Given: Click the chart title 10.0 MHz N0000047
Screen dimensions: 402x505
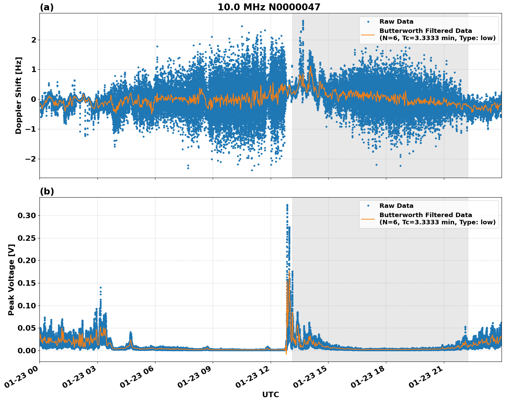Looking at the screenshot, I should coord(269,7).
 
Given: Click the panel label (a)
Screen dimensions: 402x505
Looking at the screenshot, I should coord(47,7).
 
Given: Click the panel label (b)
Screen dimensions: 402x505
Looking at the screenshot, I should coord(47,191).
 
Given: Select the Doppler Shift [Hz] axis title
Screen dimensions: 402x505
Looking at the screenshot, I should coord(19,95).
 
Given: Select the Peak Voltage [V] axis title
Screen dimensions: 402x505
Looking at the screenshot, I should coord(11,280).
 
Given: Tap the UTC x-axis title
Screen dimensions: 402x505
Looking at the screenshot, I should coord(270,394).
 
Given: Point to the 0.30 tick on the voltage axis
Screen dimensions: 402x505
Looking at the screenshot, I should coord(26,215).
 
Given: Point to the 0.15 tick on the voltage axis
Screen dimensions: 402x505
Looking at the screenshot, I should coord(26,283).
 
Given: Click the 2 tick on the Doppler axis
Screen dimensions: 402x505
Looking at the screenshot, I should coord(34,40).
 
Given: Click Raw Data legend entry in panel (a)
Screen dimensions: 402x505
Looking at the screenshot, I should coord(396,22).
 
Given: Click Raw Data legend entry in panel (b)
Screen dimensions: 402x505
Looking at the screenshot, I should coord(396,206).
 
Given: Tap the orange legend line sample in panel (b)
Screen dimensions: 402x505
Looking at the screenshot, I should coord(368,218).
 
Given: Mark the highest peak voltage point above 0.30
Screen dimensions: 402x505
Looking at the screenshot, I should coord(287,205).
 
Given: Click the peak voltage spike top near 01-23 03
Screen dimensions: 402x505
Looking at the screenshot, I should coord(101,288).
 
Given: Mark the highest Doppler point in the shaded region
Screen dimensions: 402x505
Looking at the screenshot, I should coord(303,21).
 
